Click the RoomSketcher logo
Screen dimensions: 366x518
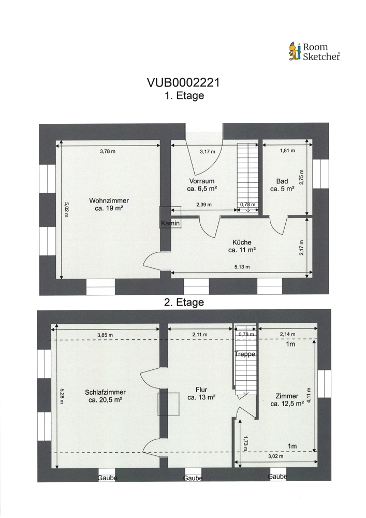[x=314, y=51]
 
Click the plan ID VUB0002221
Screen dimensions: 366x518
[x=183, y=82]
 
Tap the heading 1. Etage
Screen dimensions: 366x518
[x=184, y=96]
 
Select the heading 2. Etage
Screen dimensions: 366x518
[x=184, y=303]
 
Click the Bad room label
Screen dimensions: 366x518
[x=282, y=185]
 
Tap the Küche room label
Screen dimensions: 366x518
[x=242, y=246]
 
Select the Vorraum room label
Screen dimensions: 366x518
[x=202, y=185]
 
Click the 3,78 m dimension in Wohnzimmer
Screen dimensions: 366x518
[x=108, y=152]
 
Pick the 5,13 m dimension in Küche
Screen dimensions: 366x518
[x=242, y=267]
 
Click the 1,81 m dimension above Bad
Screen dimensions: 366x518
[x=287, y=151]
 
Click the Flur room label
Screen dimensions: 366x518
[x=201, y=394]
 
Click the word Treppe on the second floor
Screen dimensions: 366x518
[x=245, y=354]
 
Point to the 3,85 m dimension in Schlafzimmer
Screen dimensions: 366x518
[x=105, y=335]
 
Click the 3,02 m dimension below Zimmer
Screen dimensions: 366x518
[x=275, y=456]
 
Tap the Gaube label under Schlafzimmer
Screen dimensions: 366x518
[x=107, y=478]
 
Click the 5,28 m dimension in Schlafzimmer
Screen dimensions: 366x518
[x=62, y=396]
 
